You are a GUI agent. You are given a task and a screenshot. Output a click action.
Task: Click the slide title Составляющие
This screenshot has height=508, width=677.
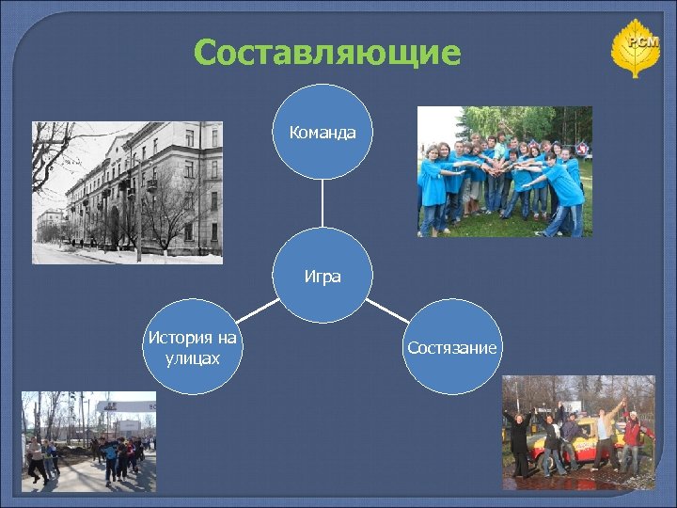(327, 54)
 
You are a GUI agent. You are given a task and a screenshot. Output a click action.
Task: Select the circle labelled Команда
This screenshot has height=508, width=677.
(322, 132)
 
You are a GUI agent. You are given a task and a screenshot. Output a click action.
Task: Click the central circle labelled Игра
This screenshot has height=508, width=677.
(322, 277)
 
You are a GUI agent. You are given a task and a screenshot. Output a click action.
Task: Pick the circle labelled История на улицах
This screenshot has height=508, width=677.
(192, 347)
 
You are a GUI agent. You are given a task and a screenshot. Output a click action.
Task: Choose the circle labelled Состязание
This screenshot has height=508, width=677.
(451, 347)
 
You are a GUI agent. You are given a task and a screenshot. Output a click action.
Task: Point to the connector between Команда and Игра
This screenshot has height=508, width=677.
(322, 204)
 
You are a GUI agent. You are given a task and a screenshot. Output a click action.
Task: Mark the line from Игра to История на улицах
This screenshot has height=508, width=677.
(257, 311)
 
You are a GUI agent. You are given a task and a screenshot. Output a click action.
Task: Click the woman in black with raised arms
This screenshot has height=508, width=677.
(519, 437)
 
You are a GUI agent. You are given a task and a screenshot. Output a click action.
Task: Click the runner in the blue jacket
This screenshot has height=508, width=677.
(111, 457)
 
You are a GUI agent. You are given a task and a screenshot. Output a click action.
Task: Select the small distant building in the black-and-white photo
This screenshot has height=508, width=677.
(48, 226)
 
